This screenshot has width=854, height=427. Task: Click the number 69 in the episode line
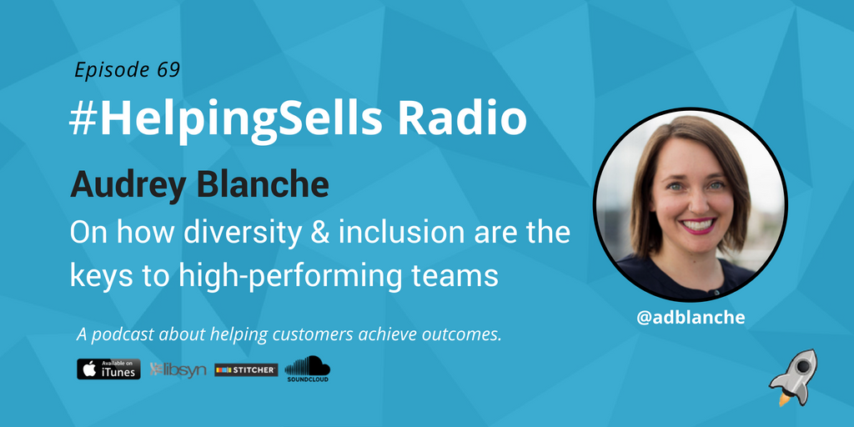pyautogui.click(x=168, y=70)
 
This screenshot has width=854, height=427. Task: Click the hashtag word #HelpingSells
pyautogui.click(x=226, y=120)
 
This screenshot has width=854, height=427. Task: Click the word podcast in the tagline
pyautogui.click(x=128, y=335)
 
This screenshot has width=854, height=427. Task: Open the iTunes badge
pyautogui.click(x=108, y=369)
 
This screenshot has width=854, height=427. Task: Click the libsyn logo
pyautogui.click(x=178, y=369)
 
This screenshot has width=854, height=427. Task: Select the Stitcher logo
pyautogui.click(x=246, y=369)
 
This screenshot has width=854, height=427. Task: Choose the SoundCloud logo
pyautogui.click(x=308, y=368)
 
